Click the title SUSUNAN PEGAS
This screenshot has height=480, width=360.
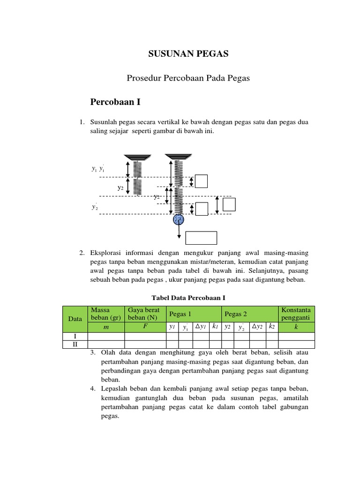click(188, 54)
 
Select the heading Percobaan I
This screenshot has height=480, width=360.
click(115, 102)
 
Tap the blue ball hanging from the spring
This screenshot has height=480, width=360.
click(179, 219)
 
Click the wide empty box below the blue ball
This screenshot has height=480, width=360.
click(201, 238)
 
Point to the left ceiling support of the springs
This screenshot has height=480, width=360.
click(137, 157)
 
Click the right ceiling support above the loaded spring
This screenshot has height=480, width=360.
click(178, 156)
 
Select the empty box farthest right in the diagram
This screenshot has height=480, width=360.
click(229, 205)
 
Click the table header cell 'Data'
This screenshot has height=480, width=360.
click(75, 318)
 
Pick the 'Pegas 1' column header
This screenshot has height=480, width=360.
click(180, 314)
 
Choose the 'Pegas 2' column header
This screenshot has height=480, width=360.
click(236, 314)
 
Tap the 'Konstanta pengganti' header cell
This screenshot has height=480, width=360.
click(296, 314)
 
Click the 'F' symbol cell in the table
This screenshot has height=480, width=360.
click(145, 326)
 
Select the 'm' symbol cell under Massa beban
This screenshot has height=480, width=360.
click(106, 327)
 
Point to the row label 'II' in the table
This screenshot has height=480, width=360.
click(75, 344)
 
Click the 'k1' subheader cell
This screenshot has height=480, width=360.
click(215, 327)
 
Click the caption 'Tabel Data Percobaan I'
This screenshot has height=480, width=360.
click(188, 298)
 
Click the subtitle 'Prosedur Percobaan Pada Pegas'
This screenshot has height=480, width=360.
click(188, 78)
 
